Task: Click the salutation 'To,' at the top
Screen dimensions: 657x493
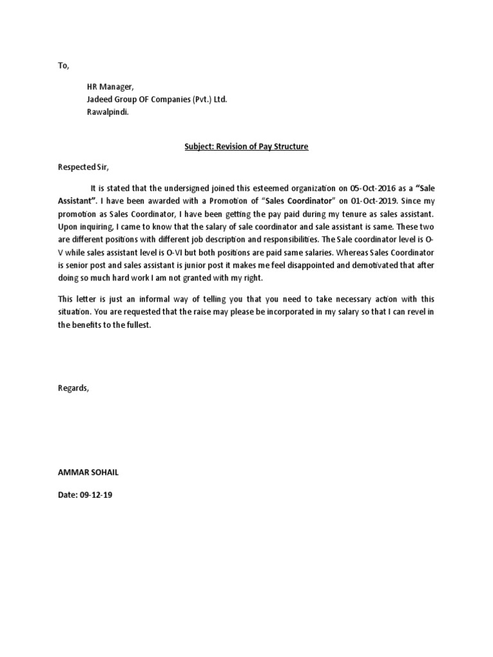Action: [63, 66]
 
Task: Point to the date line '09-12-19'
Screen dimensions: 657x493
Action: [98, 497]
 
